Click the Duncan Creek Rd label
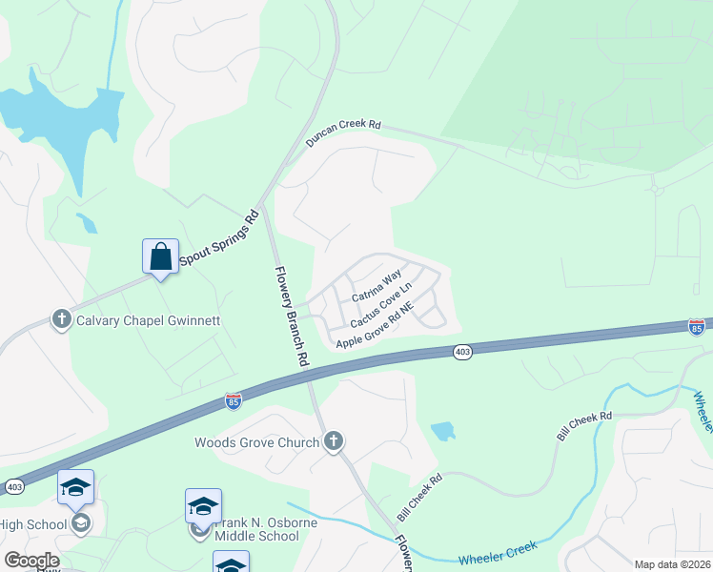(343, 134)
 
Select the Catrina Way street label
(376, 286)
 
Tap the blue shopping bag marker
(160, 256)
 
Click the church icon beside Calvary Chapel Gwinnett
(62, 318)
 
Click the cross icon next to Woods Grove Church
(333, 440)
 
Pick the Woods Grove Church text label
(257, 441)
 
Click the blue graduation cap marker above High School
(75, 488)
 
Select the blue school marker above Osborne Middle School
(203, 505)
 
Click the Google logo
(31, 561)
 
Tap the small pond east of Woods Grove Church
(443, 431)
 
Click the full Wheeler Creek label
(497, 552)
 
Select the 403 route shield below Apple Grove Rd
(462, 352)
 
